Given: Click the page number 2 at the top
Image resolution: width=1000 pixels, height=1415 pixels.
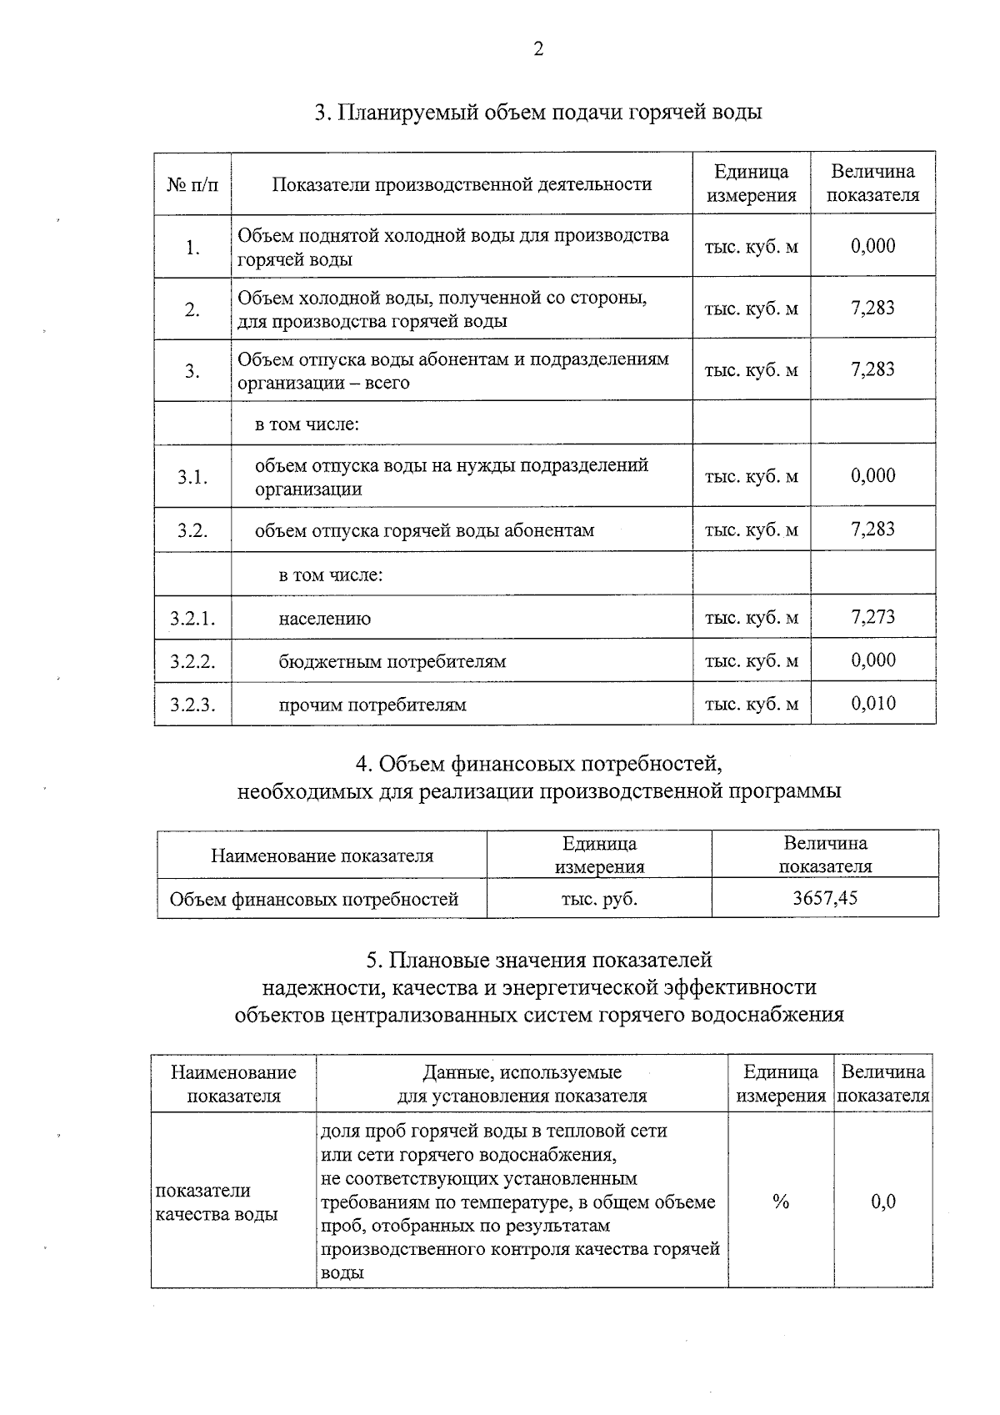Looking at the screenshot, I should pos(538,49).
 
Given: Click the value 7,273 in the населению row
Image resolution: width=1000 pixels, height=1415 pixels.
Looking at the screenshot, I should pos(872,617).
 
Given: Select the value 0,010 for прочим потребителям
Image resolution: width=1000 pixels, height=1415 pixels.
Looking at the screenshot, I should pos(872,704).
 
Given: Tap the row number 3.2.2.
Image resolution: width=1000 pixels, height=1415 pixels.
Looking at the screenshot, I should pos(192,661).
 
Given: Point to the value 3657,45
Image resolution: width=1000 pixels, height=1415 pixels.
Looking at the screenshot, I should pos(825,898).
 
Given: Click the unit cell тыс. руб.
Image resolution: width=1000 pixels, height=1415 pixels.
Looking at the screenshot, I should pos(599,899).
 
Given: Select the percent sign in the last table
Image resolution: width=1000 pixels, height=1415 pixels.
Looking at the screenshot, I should pos(781,1202).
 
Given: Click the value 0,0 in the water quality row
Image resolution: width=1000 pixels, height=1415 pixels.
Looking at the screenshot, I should pos(883,1202).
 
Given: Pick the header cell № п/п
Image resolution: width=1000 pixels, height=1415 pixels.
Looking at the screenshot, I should pos(192,184).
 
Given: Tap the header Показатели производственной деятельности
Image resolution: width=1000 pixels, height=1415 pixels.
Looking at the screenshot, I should pos(462,184).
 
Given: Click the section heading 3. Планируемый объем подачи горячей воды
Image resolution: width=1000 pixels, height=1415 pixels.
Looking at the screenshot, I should pos(538,112).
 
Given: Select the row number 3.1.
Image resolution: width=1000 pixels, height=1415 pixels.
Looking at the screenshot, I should pos(192,477).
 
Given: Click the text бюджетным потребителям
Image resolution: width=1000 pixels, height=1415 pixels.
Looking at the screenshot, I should pos(392,662).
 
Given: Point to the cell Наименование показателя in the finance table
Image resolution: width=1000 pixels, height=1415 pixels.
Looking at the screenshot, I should pos(322,856).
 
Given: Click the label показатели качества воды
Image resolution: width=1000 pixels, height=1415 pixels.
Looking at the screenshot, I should pos(217,1202).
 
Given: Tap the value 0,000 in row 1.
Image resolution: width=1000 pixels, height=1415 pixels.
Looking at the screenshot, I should pos(872,246).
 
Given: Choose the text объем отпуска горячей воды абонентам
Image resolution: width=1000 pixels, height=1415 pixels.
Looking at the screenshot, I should pos(424,530).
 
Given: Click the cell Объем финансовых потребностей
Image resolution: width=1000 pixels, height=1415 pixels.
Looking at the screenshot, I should pos(314,899).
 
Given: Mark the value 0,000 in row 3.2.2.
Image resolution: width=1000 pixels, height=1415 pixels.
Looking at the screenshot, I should pos(872,660).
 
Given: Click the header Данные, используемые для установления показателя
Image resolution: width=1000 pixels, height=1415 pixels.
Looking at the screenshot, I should pos(522,1084).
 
